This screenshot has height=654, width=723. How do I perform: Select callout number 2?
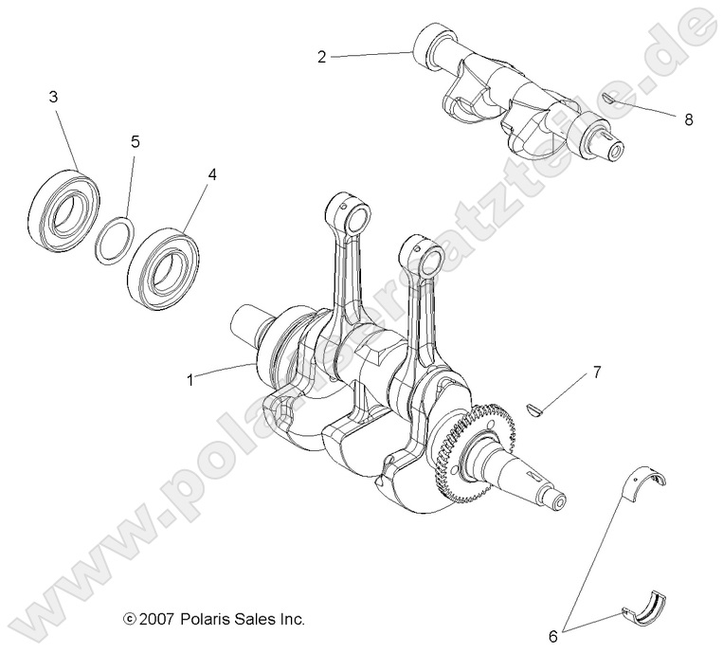pyautogui.click(x=322, y=57)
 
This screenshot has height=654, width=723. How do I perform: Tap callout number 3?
pyautogui.click(x=53, y=97)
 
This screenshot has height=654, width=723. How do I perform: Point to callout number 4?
pyautogui.click(x=211, y=175)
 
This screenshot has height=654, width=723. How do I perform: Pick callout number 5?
pyautogui.click(x=135, y=141)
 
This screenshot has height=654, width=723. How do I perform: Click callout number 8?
pyautogui.click(x=688, y=119)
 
